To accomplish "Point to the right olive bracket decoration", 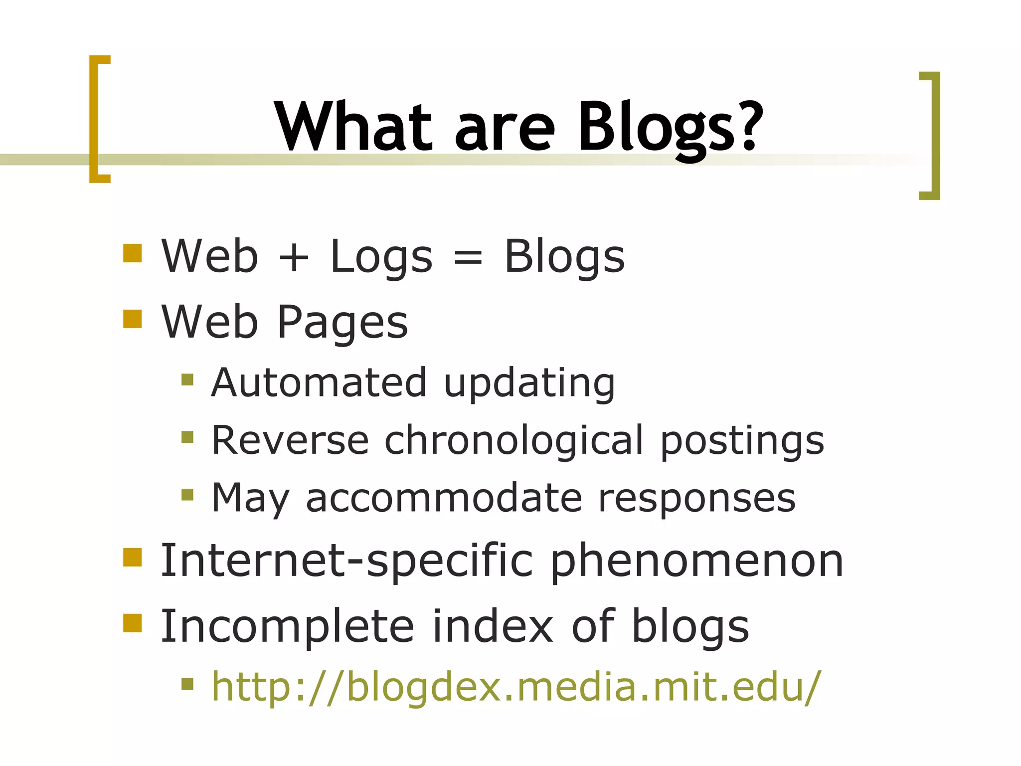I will click(x=933, y=136).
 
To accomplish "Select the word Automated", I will click(x=319, y=383).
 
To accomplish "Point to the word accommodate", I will click(x=444, y=498).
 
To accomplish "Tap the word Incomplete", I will click(x=287, y=627).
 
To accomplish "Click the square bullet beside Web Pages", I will click(x=133, y=319).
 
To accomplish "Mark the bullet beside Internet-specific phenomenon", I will click(x=133, y=558).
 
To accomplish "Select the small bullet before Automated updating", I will click(x=187, y=380).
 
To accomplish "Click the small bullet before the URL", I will click(x=187, y=684).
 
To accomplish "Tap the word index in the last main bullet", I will click(x=493, y=626).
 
